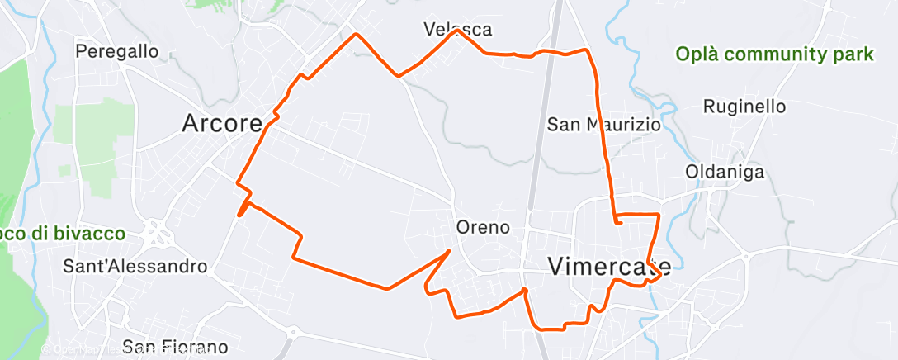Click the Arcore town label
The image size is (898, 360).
pyautogui.click(x=222, y=124)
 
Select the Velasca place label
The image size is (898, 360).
pyautogui.click(x=458, y=30)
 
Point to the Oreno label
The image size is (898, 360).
pyautogui.click(x=483, y=226)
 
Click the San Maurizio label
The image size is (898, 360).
pyautogui.click(x=604, y=125)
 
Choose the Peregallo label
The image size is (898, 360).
pyautogui.click(x=116, y=51)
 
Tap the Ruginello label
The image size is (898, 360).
pyautogui.click(x=744, y=107)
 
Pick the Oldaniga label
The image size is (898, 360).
pyautogui.click(x=725, y=173)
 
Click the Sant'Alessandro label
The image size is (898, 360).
pyautogui.click(x=135, y=267)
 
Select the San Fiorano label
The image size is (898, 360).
pyautogui.click(x=174, y=347)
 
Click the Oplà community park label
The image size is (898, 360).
pyautogui.click(x=774, y=54)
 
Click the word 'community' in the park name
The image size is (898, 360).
pyautogui.click(x=780, y=54)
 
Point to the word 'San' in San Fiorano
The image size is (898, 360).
pyautogui.click(x=136, y=347)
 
